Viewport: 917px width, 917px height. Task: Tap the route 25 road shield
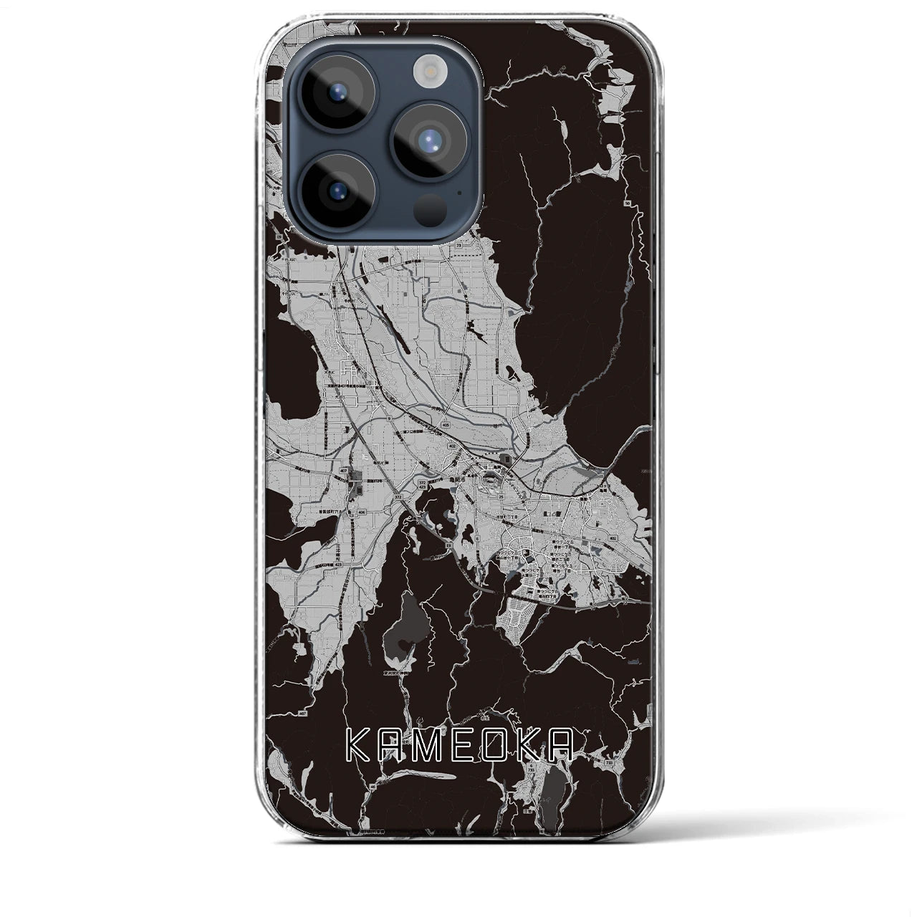(x=501, y=497)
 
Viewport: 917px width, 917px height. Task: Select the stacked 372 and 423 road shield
(x=423, y=485)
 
